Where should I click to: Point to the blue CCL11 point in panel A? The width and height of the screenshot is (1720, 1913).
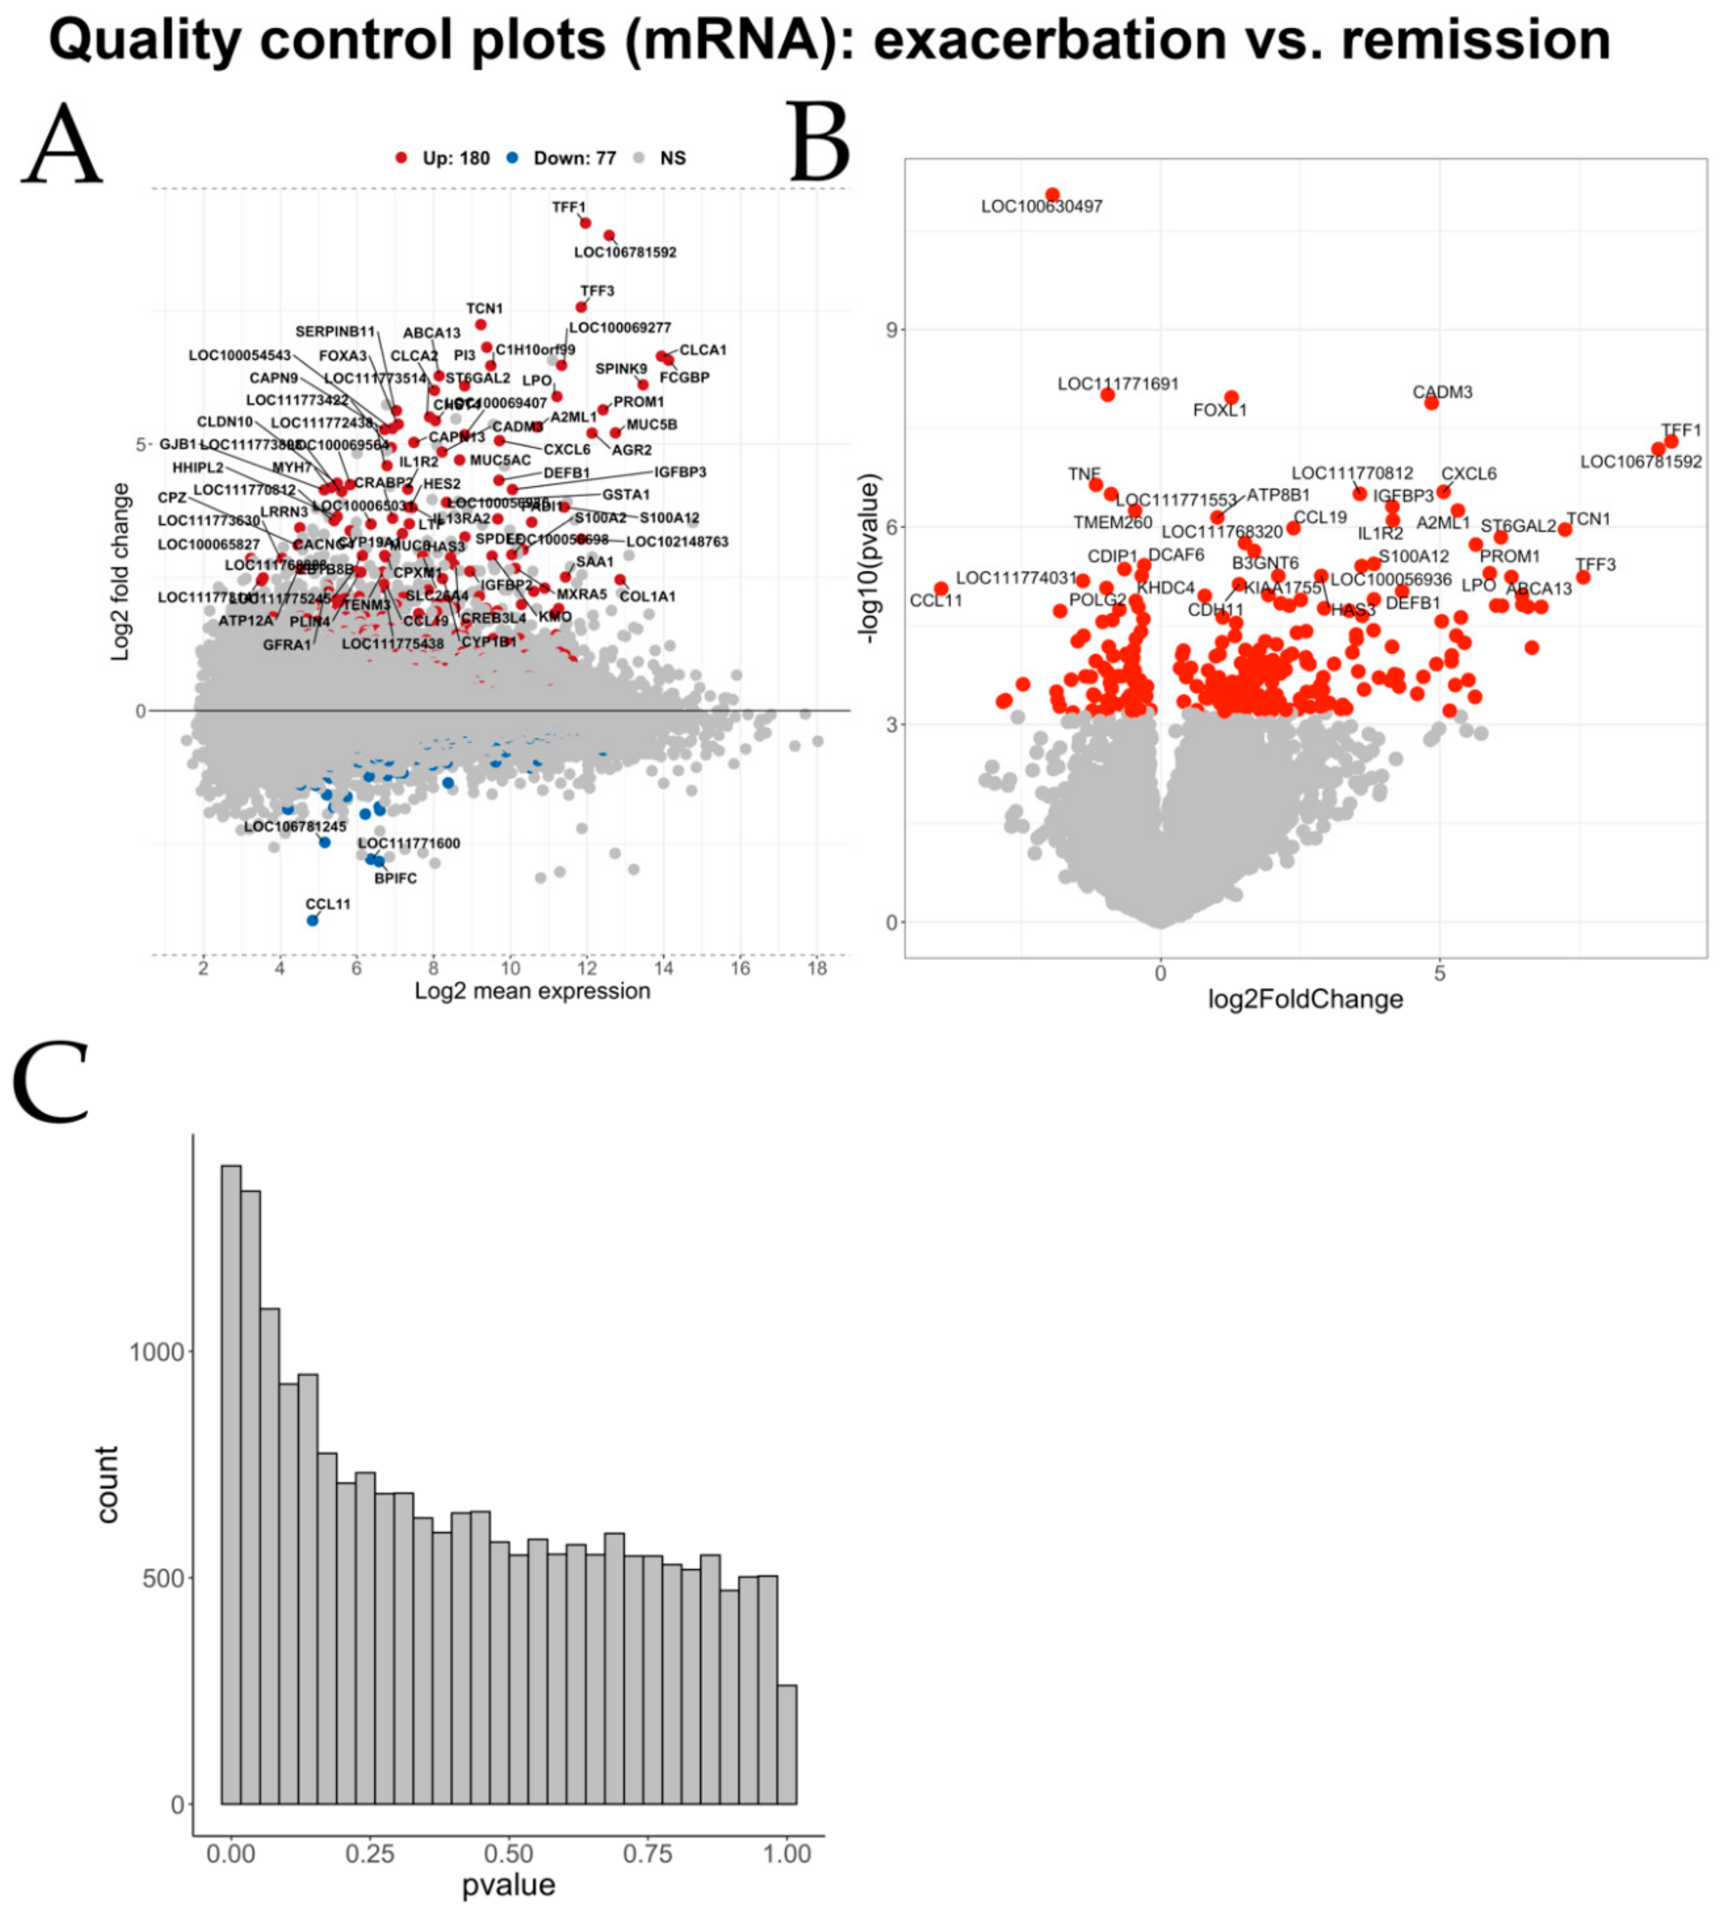pos(313,920)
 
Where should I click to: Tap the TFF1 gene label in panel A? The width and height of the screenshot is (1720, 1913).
pos(569,207)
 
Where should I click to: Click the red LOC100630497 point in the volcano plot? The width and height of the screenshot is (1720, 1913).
pos(1052,195)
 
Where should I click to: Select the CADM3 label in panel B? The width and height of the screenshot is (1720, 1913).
pos(1442,392)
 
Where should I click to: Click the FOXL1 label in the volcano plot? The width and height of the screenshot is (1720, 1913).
pos(1220,410)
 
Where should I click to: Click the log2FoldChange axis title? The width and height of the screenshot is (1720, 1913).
pos(1305,999)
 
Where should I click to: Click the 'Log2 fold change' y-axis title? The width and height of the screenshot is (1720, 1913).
pos(120,572)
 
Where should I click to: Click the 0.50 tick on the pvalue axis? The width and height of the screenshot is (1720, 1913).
pos(508,1855)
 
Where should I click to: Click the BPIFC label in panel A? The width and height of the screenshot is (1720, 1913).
pos(395,878)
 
